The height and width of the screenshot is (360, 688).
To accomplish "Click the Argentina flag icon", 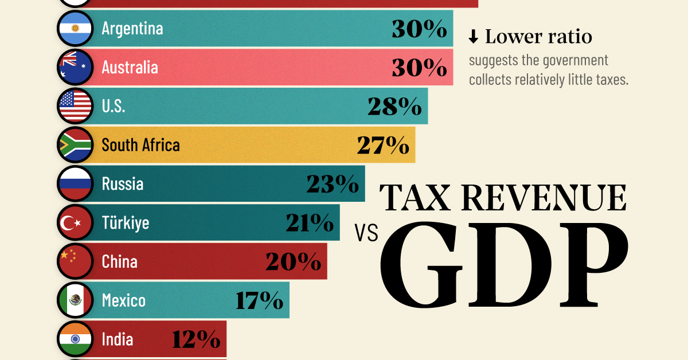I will pos(75,29).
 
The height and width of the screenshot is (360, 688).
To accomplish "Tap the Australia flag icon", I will pos(75,68).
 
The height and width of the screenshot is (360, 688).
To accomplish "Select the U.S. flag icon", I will pos(75,106).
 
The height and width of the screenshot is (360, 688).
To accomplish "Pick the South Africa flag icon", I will pos(75,145).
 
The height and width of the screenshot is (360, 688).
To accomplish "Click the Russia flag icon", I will pos(75,183).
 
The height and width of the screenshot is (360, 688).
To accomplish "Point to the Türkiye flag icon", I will pos(75,222).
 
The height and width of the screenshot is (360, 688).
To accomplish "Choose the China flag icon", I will pos(75,261).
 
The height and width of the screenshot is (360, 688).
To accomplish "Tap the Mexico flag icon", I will pos(75,300).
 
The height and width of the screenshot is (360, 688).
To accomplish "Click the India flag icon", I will pos(75,339).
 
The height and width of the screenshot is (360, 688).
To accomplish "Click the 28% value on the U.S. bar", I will pos(394,107).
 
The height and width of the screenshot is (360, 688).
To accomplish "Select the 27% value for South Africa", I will pos(382,146).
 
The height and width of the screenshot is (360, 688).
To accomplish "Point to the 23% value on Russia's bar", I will pos(332,184).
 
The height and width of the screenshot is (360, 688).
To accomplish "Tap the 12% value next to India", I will pos(196,339).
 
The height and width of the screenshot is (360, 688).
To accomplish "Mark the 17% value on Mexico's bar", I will pos(259,300).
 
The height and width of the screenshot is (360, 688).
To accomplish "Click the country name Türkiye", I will pos(125,222).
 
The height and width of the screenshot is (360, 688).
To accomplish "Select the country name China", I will pos(119,261).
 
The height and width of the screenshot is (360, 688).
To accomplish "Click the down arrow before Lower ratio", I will pos(473,37).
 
